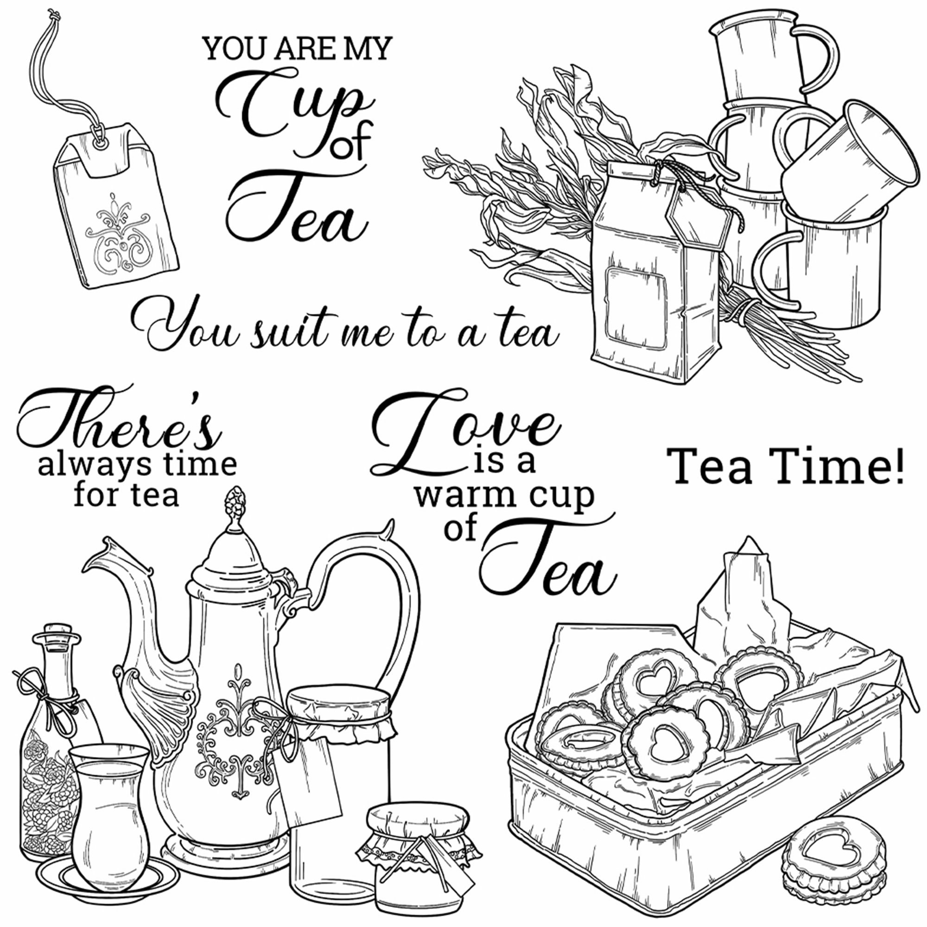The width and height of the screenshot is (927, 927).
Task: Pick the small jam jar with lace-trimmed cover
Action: pos(418,864)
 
